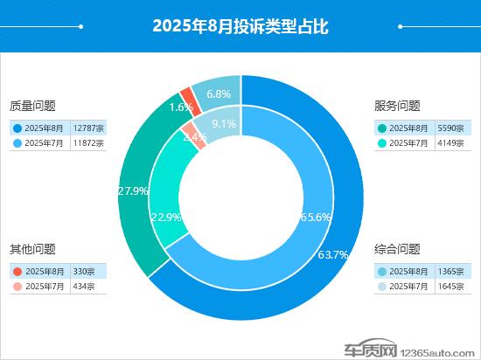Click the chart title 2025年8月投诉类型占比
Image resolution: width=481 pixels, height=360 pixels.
pos(240,26)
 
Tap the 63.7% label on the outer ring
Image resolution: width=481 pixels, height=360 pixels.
pos(333,254)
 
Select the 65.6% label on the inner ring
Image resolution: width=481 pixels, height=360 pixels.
pos(316,217)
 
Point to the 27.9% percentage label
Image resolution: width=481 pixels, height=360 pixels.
pos(133,190)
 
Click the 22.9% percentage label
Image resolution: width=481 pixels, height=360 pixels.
pos(166,218)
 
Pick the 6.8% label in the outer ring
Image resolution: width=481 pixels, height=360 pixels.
pos(219,93)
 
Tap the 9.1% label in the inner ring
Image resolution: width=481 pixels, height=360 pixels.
pos(224,124)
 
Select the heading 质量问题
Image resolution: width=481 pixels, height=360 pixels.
pos(32,106)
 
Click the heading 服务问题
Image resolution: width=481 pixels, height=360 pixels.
pos(397,106)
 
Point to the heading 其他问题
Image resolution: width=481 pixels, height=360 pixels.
pos(32,249)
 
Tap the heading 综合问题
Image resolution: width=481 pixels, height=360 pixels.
pos(397,249)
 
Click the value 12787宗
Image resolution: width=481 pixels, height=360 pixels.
pos(88,128)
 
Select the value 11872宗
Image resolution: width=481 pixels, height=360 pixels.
pos(88,143)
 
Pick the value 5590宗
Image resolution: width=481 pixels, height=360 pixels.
pos(450,128)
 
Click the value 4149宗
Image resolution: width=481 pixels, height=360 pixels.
pos(450,143)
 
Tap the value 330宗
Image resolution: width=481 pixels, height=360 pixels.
pos(84,272)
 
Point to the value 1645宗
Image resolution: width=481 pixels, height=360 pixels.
pos(450,287)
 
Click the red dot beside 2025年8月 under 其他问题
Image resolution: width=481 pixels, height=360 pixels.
pos(17,272)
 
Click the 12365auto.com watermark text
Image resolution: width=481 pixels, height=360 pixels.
pos(437,353)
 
